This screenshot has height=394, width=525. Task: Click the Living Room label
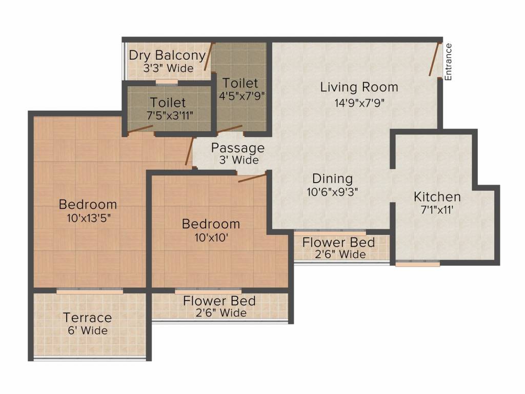pos(359,87)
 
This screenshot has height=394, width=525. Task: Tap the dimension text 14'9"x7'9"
pos(359,102)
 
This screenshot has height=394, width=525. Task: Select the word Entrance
pos(448,62)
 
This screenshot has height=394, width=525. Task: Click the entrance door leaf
pos(435,60)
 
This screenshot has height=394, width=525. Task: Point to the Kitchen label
pos(437,196)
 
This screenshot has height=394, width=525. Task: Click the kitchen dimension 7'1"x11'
pos(437,209)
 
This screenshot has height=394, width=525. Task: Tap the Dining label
pos(333,179)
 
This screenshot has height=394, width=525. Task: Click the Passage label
pos(238,148)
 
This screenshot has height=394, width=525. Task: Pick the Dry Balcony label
pos(167,55)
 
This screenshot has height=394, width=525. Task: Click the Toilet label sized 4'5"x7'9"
pos(240,83)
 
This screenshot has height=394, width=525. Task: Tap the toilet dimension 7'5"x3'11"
pos(168,115)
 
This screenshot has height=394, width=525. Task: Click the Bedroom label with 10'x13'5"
pos(88,204)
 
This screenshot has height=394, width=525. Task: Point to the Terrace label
pos(87,318)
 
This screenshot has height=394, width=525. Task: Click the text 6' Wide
pos(87,330)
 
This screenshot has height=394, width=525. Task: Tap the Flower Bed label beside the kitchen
pos(338,242)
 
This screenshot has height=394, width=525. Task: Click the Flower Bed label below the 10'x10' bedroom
pos(219,301)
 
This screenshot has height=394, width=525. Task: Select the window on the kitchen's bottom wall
pos(418,264)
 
